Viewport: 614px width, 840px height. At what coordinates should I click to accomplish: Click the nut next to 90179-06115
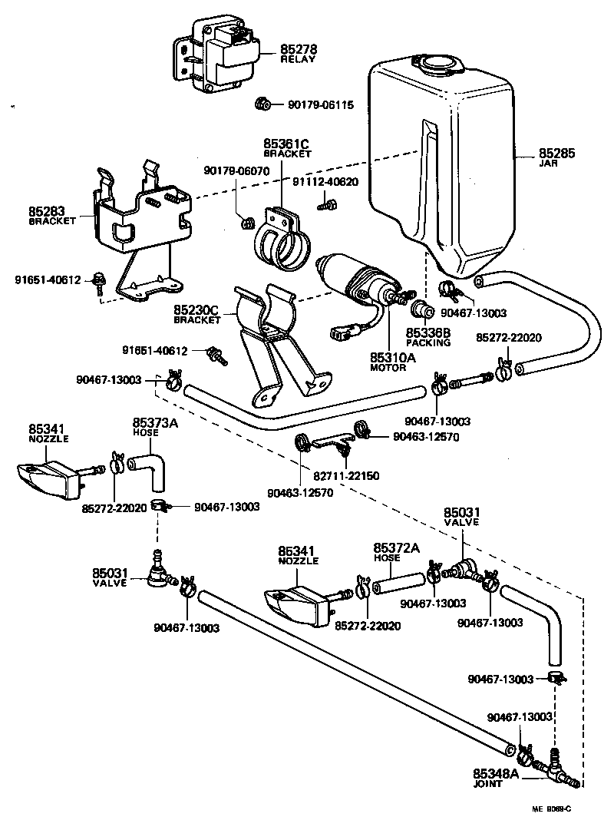tap(261, 104)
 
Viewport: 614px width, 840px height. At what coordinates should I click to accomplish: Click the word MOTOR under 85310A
tap(388, 368)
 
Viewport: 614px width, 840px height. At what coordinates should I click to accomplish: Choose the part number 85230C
tap(196, 310)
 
